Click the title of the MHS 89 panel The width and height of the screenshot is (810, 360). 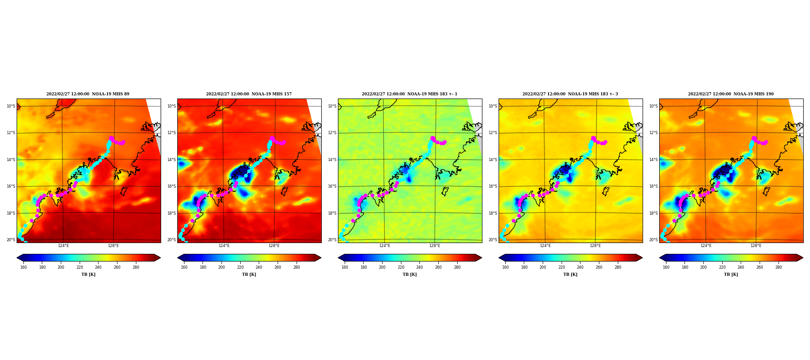click(x=88, y=94)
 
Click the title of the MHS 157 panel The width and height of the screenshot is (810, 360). click(x=249, y=94)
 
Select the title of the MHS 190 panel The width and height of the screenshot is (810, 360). click(x=731, y=94)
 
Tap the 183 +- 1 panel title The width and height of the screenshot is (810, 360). click(x=409, y=94)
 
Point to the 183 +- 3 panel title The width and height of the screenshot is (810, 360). click(x=570, y=94)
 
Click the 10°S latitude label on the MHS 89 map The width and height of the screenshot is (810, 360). click(x=11, y=106)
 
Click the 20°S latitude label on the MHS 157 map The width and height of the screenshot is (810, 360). click(x=171, y=240)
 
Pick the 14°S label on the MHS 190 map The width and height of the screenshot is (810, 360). click(x=653, y=160)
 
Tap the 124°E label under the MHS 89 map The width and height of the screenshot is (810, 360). click(x=63, y=246)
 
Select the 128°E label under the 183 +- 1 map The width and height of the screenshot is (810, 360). click(x=435, y=246)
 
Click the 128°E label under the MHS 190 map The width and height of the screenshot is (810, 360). click(x=756, y=246)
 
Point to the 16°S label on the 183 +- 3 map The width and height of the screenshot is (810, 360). click(x=493, y=186)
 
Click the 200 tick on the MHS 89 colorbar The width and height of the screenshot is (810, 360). click(x=61, y=267)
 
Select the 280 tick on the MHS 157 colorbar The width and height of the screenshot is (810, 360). click(x=297, y=267)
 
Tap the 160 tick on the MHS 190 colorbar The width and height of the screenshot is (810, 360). click(x=666, y=267)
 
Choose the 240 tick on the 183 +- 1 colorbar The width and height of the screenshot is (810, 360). click(x=419, y=267)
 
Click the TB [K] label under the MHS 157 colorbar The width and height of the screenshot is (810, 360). click(x=249, y=274)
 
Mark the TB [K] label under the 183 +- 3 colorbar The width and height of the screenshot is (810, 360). click(x=570, y=274)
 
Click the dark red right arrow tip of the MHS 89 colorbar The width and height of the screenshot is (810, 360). click(x=160, y=258)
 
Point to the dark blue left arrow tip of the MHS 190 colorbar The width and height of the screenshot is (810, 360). click(x=660, y=258)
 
